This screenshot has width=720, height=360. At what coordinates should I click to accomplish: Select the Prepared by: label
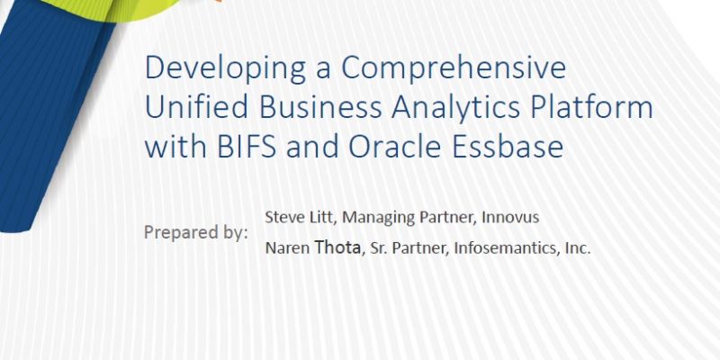coord(196,232)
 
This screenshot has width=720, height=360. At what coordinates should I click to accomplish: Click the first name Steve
coord(284,217)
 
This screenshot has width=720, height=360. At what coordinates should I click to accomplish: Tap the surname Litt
coord(323,217)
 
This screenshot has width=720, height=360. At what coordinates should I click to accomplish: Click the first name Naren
coord(288,248)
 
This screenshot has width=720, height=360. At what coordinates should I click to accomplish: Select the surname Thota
coord(337,248)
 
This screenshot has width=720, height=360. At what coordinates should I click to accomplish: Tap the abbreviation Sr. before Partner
coord(377,248)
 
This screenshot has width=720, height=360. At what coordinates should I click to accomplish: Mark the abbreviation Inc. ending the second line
coord(576,248)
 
